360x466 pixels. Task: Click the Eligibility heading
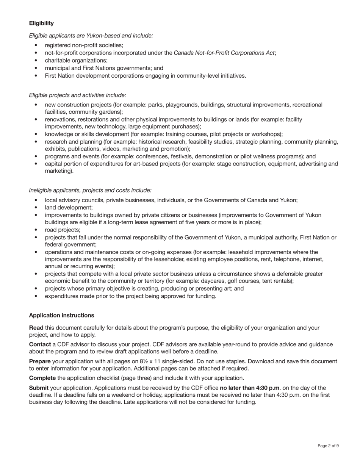point(41,23)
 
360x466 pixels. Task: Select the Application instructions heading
point(61,315)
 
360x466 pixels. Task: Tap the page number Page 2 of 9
point(328,446)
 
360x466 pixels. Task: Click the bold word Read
point(36,328)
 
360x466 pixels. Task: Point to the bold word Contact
point(40,344)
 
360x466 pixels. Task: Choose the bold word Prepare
point(40,361)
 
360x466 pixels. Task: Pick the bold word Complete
point(42,378)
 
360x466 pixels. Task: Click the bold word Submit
point(39,388)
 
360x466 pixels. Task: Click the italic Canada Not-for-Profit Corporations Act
point(224,53)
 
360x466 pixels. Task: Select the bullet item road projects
point(63,230)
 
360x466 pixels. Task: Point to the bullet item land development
point(69,208)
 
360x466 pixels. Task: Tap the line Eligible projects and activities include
point(77,95)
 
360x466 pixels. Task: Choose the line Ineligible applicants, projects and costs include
point(90,190)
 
